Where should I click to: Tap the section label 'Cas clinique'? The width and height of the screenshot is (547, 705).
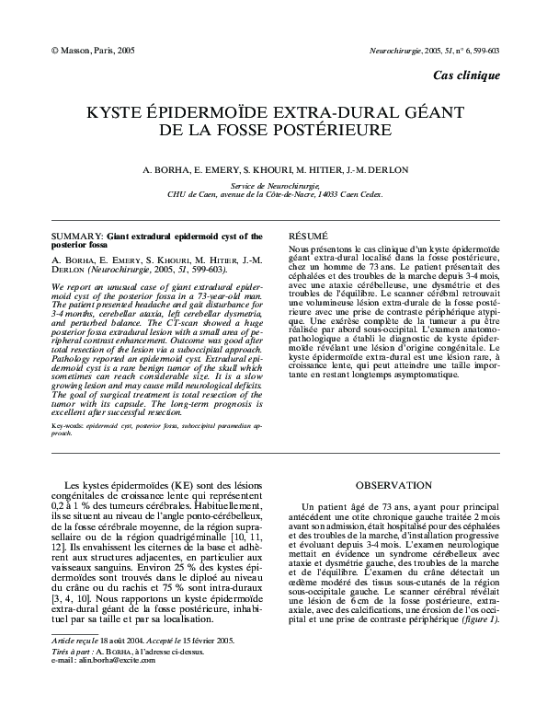click(x=466, y=75)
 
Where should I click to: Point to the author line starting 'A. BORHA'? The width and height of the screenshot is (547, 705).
click(x=273, y=170)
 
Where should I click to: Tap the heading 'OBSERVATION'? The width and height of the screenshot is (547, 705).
click(x=393, y=485)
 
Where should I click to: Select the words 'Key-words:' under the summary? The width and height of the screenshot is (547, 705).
click(x=66, y=427)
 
